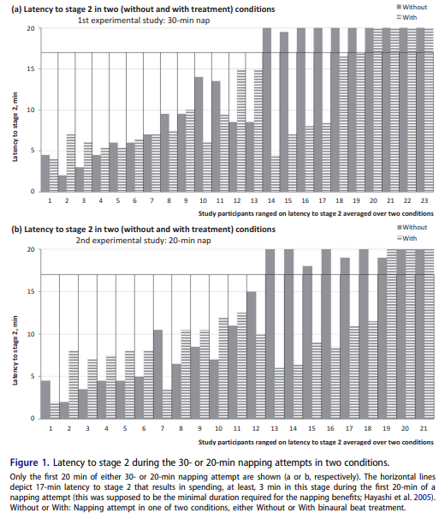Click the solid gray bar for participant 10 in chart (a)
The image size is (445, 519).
point(199,134)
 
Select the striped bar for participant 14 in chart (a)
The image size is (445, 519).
point(276,174)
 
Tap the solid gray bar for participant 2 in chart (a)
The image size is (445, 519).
point(62,183)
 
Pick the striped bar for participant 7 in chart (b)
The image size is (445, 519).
point(167,404)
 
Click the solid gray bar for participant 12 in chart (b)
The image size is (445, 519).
point(252,355)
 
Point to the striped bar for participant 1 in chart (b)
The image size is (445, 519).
point(55,410)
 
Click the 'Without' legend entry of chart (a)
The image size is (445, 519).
point(412,7)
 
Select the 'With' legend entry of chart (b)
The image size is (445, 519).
point(407,238)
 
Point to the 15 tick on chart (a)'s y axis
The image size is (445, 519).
point(31,69)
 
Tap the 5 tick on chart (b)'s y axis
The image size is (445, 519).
point(33,376)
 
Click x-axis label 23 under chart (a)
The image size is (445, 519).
point(424,200)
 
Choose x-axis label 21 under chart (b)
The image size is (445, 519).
point(424,428)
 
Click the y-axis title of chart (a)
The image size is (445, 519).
point(15,127)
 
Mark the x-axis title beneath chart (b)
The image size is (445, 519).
point(316,442)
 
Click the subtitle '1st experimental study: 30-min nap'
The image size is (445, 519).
point(144,21)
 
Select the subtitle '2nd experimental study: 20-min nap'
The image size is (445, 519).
point(143,241)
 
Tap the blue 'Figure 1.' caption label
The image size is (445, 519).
point(30,462)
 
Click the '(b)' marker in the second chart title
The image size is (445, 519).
point(16,230)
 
